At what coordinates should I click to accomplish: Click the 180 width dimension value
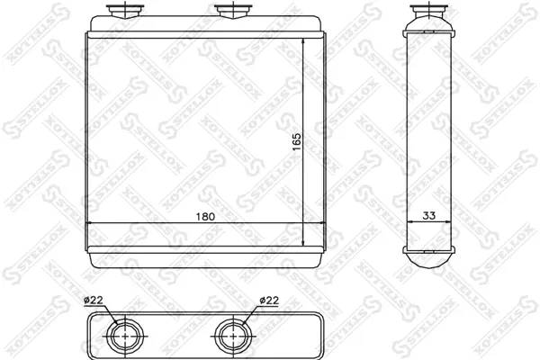(205, 217)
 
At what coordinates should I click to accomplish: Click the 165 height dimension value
(296, 141)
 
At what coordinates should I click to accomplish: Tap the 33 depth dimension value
(428, 216)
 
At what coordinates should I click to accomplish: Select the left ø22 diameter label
(94, 301)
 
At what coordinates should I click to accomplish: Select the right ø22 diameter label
(269, 301)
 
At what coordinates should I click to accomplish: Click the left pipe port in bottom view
(125, 336)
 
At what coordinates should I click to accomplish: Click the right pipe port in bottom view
(233, 336)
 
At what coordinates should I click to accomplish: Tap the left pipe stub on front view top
(125, 11)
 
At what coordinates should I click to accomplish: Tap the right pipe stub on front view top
(233, 11)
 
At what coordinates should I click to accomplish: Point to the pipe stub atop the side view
(428, 11)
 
